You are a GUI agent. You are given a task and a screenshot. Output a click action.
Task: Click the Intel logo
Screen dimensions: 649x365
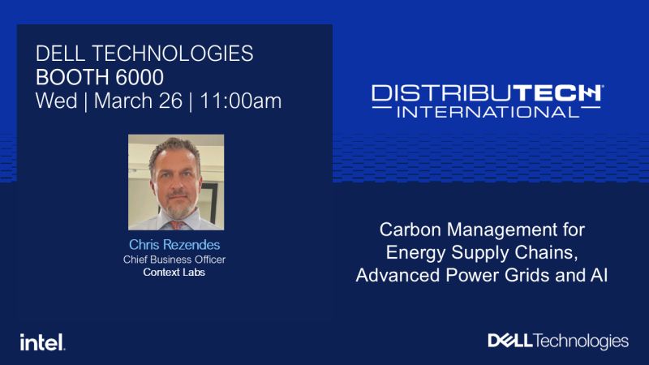tap(43, 342)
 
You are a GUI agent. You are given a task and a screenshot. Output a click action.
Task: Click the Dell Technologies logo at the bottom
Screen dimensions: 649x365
tap(558, 341)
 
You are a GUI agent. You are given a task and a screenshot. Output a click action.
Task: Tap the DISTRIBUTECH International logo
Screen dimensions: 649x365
tap(488, 101)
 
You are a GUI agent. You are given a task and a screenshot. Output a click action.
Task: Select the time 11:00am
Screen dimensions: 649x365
tap(241, 101)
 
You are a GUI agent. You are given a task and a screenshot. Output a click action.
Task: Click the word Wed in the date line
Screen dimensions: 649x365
tap(57, 101)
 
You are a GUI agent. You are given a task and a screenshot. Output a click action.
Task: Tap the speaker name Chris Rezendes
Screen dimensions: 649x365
tap(174, 245)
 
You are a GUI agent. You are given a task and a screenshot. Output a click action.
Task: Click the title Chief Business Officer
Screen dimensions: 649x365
tap(174, 260)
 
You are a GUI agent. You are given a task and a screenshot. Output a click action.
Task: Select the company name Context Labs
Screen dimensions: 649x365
tap(174, 273)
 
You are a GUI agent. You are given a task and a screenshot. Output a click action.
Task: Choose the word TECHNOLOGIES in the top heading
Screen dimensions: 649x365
tap(173, 54)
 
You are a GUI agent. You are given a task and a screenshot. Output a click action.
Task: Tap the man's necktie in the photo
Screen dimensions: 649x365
tap(177, 225)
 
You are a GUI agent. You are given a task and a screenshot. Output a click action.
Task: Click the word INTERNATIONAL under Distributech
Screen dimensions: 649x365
tap(488, 112)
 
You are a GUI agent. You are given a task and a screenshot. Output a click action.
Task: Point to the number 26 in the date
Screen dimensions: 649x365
tap(170, 101)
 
